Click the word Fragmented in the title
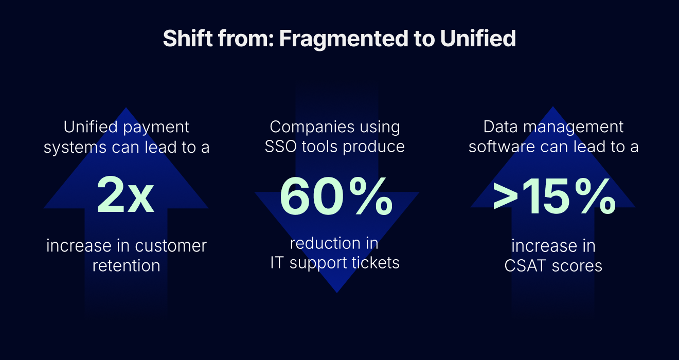[344, 39]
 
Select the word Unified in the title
[478, 38]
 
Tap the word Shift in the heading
[188, 38]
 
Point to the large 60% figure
[336, 196]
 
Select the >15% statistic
[555, 196]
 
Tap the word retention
[127, 266]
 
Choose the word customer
[171, 246]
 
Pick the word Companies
[312, 128]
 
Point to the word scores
[577, 266]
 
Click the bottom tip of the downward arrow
[337, 293]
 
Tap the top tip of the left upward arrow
[126, 108]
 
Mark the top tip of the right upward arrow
[552, 106]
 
